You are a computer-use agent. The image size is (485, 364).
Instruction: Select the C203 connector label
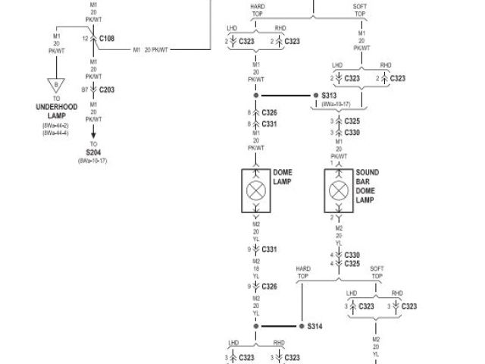(x=106, y=89)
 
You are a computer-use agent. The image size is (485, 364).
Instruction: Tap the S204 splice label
(x=93, y=152)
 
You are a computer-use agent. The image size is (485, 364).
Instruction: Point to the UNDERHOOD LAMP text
(x=56, y=111)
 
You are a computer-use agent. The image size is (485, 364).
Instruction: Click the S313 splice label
(x=328, y=96)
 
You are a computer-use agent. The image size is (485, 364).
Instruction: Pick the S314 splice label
(x=314, y=326)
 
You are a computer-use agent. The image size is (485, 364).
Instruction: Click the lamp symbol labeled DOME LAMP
(x=256, y=185)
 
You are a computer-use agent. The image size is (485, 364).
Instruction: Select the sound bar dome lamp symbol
(x=339, y=185)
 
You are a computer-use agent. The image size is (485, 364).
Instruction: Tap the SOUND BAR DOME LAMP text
(x=367, y=187)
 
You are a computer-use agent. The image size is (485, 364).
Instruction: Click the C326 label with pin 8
(x=269, y=112)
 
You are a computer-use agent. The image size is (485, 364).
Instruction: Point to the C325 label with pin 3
(x=352, y=121)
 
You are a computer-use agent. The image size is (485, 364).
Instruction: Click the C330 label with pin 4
(x=352, y=255)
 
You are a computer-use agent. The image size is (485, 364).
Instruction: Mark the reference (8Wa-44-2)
(x=56, y=126)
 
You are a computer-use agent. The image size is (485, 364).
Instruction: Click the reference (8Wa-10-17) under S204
(x=93, y=161)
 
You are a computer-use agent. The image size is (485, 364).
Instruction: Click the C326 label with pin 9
(x=269, y=287)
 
